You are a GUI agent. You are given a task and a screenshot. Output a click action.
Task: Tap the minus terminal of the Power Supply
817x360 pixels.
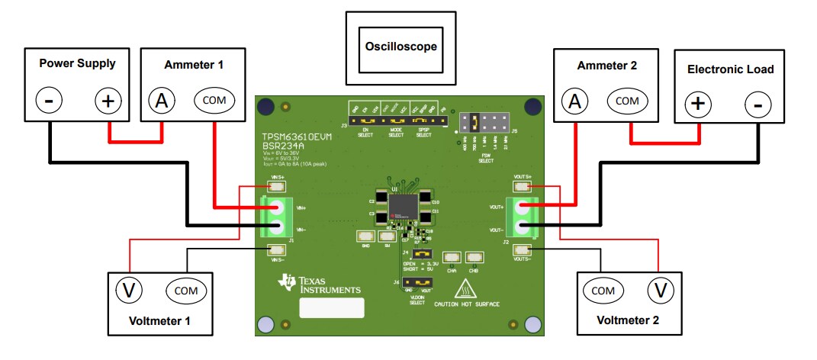coord(48,101)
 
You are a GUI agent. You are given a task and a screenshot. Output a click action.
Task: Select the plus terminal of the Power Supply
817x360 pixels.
coord(108,101)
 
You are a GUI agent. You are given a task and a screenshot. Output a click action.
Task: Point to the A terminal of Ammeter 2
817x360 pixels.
coord(576,101)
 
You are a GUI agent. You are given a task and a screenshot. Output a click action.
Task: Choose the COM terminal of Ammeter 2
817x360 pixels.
coord(627,101)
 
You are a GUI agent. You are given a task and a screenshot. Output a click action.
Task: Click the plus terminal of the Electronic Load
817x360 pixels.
coord(698,104)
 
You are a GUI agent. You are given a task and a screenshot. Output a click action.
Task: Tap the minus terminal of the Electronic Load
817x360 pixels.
coord(757,104)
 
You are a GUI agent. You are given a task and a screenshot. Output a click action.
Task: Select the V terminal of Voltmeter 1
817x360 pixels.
coord(129,290)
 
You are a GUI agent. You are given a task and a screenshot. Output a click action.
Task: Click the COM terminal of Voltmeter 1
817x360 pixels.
coord(185,291)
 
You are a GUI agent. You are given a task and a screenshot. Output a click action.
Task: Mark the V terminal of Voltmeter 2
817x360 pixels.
coord(661,291)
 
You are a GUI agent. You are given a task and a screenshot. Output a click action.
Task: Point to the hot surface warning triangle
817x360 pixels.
coord(465,289)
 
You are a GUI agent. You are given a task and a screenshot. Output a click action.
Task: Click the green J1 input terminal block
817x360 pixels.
coord(275,217)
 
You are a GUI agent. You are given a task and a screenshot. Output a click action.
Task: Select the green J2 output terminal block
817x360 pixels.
coord(523,217)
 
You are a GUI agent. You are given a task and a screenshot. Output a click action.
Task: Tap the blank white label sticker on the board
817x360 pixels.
coord(331,309)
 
